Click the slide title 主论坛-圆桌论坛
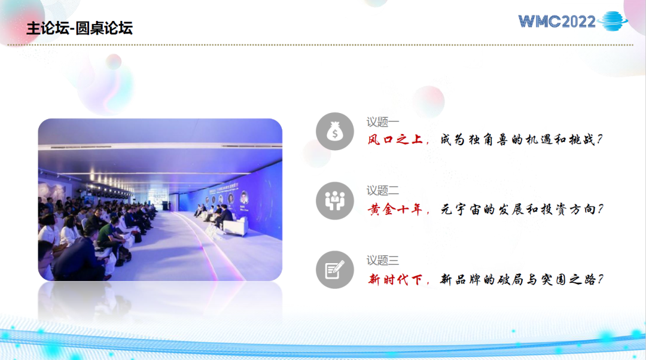pos(80,29)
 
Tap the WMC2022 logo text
pos(557,22)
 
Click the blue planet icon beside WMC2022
pos(613,21)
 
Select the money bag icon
pos(335,132)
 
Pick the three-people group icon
pos(335,200)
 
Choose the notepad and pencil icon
pos(335,270)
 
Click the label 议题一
pos(383,122)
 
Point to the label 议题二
pos(383,191)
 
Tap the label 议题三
pos(383,260)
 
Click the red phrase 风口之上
pos(395,139)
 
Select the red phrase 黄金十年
pos(395,210)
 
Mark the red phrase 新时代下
pos(395,280)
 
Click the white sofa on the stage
pos(236,226)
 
